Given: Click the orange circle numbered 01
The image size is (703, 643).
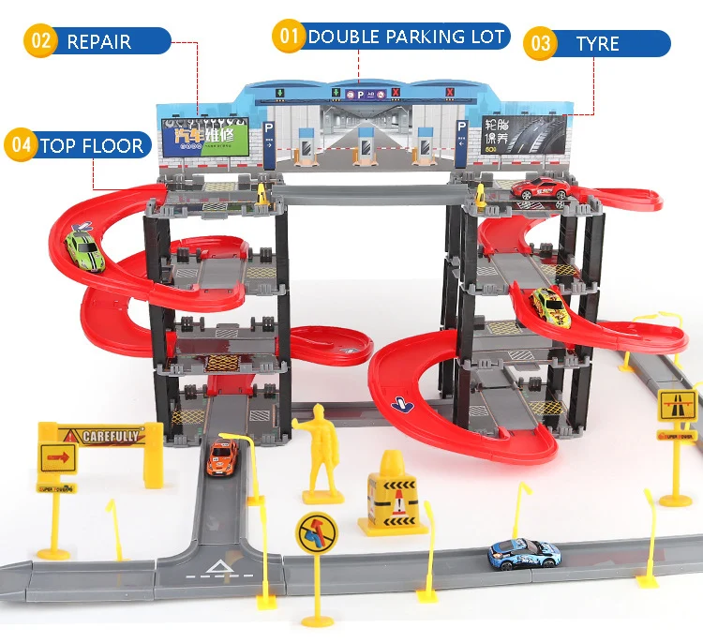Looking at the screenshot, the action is click(x=290, y=37).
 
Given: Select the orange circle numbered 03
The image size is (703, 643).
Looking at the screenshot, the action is click(x=541, y=43).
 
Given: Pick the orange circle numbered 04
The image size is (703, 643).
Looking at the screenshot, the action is click(x=21, y=145).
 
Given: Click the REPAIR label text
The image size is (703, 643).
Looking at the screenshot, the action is click(x=99, y=41).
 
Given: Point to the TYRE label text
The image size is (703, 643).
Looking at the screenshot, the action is click(x=598, y=43).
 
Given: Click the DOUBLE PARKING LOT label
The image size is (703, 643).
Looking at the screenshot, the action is click(x=406, y=37).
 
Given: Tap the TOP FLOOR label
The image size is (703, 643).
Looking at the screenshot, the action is click(x=91, y=145).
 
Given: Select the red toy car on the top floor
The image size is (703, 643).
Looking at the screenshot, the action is click(x=541, y=187).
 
